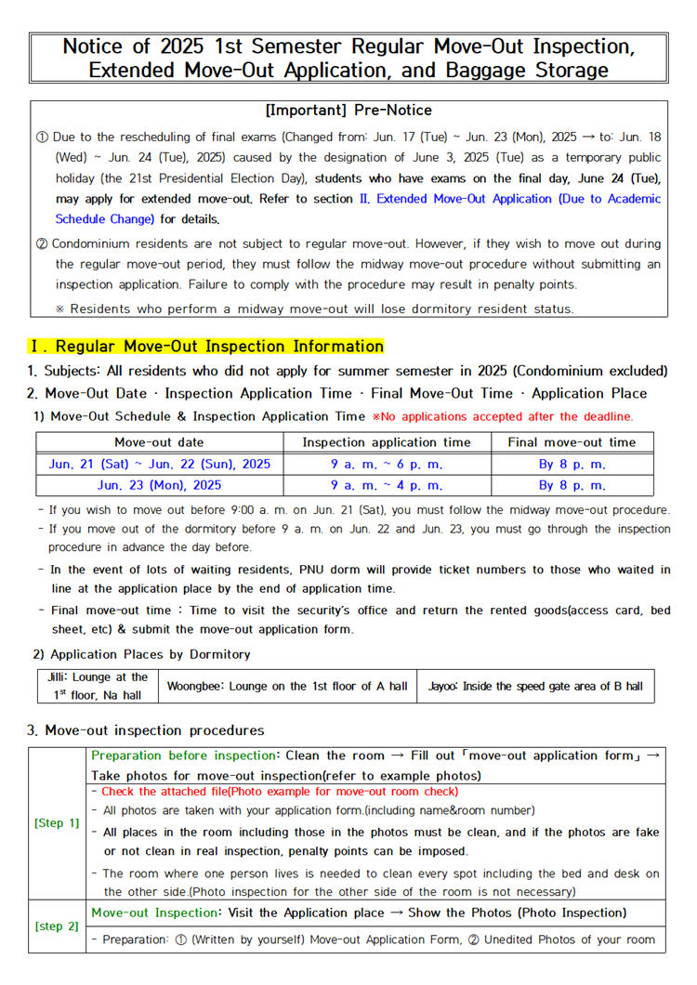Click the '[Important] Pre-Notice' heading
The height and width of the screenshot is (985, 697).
348,111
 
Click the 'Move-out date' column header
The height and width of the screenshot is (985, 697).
159,442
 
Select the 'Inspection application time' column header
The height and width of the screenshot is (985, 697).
387,442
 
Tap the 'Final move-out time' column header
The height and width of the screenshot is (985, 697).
572,442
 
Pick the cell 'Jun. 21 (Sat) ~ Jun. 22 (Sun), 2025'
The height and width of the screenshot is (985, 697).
159,464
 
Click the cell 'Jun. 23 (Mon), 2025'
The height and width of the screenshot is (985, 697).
159,485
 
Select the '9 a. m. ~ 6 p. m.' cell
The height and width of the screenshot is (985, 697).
387,464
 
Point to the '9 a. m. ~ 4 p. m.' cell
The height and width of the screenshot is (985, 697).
387,485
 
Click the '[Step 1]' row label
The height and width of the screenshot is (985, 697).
57,823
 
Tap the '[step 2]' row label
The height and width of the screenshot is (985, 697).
57,926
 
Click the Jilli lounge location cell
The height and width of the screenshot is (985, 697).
98,686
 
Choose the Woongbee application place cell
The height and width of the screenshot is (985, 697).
287,686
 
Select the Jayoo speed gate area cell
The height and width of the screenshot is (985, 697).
535,686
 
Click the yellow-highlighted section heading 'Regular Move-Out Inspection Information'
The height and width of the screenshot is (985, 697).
219,347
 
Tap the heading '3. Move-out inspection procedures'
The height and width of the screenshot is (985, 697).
146,730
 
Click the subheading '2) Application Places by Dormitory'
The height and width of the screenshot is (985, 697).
142,654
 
